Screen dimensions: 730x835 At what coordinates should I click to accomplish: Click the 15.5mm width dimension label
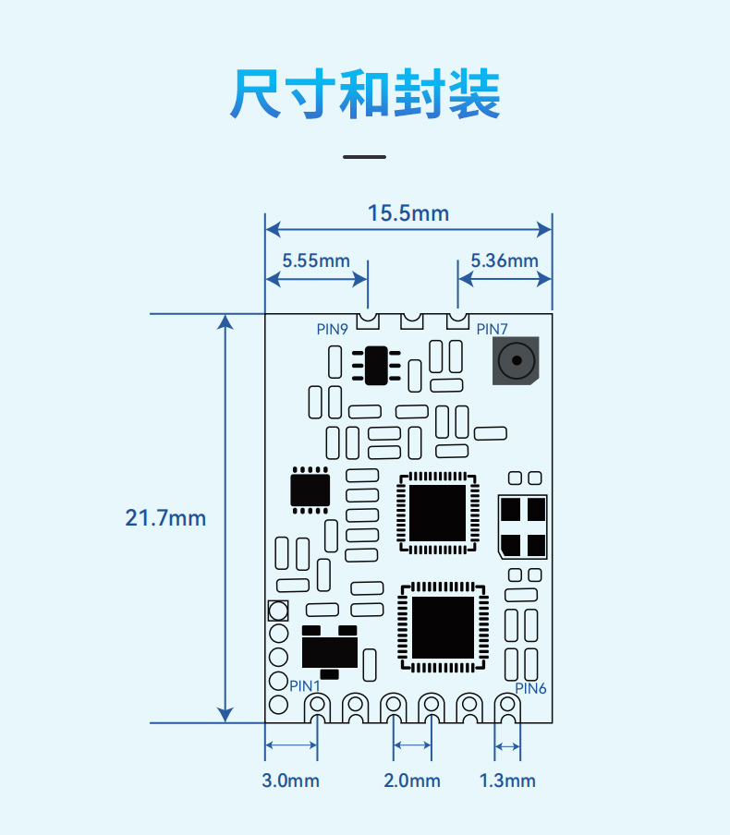(x=408, y=213)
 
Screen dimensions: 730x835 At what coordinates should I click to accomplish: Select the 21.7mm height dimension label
(x=165, y=517)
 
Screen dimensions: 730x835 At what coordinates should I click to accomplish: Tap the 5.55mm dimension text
(x=316, y=260)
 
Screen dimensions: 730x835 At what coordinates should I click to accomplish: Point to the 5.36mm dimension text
(x=505, y=260)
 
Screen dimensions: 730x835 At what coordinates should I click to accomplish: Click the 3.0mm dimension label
(x=290, y=781)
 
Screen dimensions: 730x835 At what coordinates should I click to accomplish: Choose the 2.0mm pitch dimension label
(x=412, y=781)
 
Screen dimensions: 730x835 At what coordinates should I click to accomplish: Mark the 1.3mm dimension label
(x=507, y=781)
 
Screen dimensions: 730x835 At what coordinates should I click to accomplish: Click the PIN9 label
(x=332, y=329)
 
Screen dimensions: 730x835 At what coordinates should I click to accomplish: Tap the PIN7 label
(x=492, y=329)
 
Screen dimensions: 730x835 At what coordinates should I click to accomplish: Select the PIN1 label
(x=304, y=686)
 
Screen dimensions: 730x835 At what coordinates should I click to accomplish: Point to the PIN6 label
(x=530, y=688)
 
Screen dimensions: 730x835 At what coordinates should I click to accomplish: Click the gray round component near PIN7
(x=516, y=360)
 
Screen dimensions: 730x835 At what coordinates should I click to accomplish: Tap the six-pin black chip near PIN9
(x=376, y=366)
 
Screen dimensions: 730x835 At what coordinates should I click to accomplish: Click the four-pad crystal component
(x=523, y=526)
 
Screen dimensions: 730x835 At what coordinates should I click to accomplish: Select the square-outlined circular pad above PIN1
(x=278, y=611)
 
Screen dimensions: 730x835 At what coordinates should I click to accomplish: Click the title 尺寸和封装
(x=365, y=93)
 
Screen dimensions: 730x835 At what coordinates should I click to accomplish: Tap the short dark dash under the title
(x=364, y=157)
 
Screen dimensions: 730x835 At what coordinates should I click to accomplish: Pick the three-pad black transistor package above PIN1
(x=329, y=652)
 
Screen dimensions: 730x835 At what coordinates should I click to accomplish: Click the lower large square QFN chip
(x=443, y=627)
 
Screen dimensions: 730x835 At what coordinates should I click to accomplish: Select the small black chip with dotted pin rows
(x=310, y=490)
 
